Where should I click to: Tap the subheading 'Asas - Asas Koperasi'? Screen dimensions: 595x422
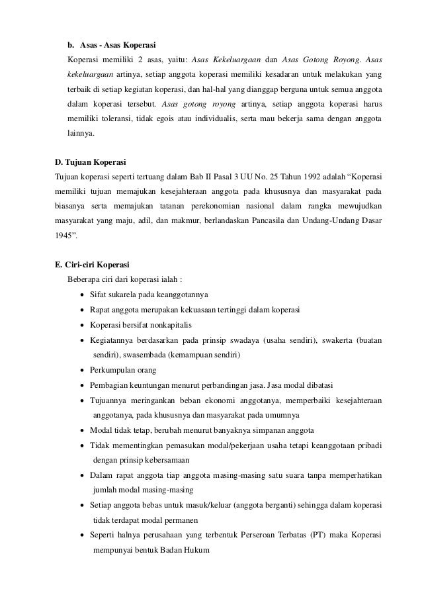pos(118,46)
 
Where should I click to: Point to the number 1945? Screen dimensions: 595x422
pos(64,234)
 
